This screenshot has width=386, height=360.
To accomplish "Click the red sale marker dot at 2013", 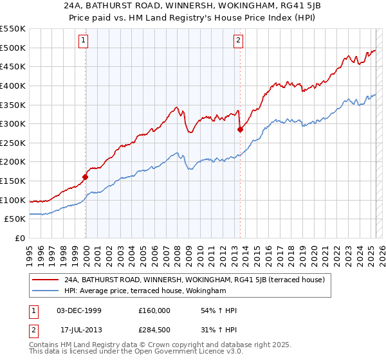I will click(x=240, y=129).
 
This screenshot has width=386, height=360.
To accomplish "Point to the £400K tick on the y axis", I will click(x=14, y=85).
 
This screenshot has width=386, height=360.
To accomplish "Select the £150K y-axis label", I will click(x=14, y=181).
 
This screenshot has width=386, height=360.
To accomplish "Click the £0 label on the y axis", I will click(x=21, y=239).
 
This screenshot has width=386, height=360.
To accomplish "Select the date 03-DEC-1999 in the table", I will click(x=79, y=310).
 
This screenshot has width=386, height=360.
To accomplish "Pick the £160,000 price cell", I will click(x=154, y=310).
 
